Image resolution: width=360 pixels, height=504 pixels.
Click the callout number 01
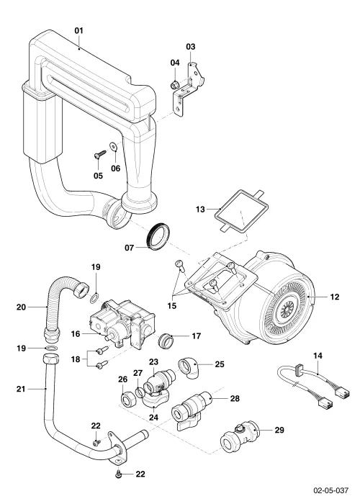(78, 30)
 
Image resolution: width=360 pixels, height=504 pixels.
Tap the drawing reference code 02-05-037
(330, 490)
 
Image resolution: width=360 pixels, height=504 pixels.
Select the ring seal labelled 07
(159, 235)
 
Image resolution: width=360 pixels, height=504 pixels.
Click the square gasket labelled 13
(243, 210)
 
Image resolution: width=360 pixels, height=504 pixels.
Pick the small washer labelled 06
(114, 146)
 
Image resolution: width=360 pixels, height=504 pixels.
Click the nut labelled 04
(174, 85)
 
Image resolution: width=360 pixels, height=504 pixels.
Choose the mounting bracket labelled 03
(189, 90)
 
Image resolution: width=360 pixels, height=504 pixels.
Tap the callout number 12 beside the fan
(335, 297)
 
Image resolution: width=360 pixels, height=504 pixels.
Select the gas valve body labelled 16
(122, 325)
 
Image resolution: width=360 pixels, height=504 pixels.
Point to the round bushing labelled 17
(166, 341)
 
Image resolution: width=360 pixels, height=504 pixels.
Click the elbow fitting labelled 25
(189, 369)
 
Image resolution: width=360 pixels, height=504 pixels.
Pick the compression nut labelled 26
(127, 400)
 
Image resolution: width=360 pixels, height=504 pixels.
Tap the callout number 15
(172, 305)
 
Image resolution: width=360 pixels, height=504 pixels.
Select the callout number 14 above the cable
(318, 356)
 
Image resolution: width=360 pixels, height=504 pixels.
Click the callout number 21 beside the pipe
(21, 389)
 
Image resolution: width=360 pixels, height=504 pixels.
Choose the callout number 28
(235, 399)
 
